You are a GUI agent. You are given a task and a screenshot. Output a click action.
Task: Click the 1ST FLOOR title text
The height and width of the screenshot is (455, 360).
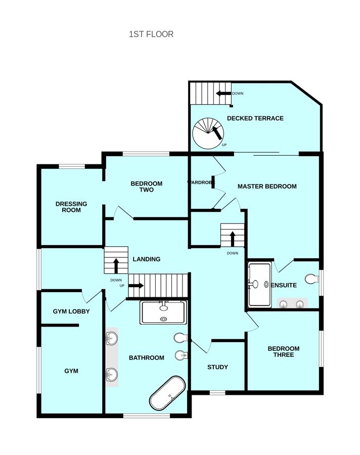pyautogui.click(x=151, y=34)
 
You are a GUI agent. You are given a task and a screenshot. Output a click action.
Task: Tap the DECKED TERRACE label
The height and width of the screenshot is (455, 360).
pyautogui.click(x=255, y=118)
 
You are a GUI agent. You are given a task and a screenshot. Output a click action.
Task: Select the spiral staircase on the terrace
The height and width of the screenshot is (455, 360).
pyautogui.click(x=208, y=133)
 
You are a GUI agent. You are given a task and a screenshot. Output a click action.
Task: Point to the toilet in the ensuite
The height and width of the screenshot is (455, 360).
pyautogui.click(x=312, y=279)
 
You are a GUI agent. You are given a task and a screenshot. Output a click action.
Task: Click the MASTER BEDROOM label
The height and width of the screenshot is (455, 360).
pyautogui.click(x=267, y=186)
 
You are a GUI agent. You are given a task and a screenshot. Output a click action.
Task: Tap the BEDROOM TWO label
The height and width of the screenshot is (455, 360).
pyautogui.click(x=146, y=187)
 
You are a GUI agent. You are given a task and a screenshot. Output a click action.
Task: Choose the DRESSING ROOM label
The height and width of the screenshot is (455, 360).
pyautogui.click(x=71, y=207)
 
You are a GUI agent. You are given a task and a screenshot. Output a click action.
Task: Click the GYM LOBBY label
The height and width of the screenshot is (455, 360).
pyautogui.click(x=71, y=311)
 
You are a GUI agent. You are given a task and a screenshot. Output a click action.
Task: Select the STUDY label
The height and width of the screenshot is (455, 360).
pyautogui.click(x=217, y=367)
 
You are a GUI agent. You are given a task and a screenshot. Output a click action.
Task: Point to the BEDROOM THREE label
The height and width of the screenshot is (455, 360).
pyautogui.click(x=283, y=352)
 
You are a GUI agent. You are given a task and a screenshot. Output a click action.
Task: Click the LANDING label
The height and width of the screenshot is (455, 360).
pyautogui.click(x=146, y=259)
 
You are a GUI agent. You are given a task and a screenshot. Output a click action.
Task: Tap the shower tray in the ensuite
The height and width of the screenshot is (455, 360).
pyautogui.click(x=259, y=284)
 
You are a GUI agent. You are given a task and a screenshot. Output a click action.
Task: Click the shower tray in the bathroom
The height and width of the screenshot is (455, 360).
pyautogui.click(x=163, y=312)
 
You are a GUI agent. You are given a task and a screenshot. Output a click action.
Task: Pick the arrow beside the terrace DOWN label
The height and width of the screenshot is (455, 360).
pyautogui.click(x=223, y=94)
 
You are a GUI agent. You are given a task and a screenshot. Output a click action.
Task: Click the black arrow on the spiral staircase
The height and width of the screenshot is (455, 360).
pyautogui.click(x=216, y=133)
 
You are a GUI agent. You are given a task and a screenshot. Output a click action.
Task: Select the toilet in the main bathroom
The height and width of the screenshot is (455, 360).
pyautogui.click(x=181, y=338)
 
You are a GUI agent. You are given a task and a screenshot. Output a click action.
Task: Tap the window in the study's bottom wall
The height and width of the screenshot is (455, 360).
pyautogui.click(x=217, y=393)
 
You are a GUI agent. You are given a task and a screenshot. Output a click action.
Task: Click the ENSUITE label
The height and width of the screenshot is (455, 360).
pyautogui.click(x=284, y=285)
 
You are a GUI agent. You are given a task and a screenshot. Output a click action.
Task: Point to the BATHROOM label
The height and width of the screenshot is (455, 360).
pyautogui.click(x=146, y=358)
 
